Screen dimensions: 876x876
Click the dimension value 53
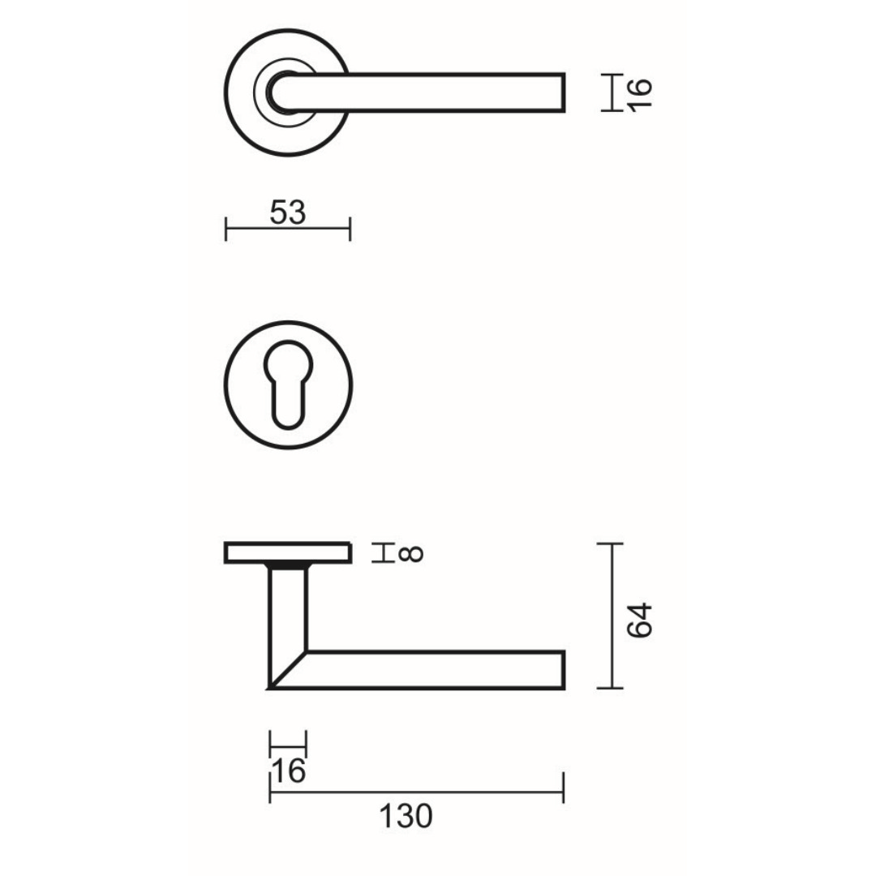pyautogui.click(x=288, y=213)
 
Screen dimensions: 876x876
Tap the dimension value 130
pyautogui.click(x=406, y=816)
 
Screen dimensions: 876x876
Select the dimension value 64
pyautogui.click(x=640, y=620)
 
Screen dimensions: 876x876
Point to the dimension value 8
pyautogui.click(x=412, y=554)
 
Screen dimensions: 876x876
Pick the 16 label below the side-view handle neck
pyautogui.click(x=288, y=771)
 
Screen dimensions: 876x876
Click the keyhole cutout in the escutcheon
pyautogui.click(x=287, y=384)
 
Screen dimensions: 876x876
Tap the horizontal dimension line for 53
pyautogui.click(x=288, y=229)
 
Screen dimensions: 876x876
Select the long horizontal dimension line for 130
pyautogui.click(x=417, y=792)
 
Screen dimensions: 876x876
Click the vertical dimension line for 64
pyautogui.click(x=612, y=616)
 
